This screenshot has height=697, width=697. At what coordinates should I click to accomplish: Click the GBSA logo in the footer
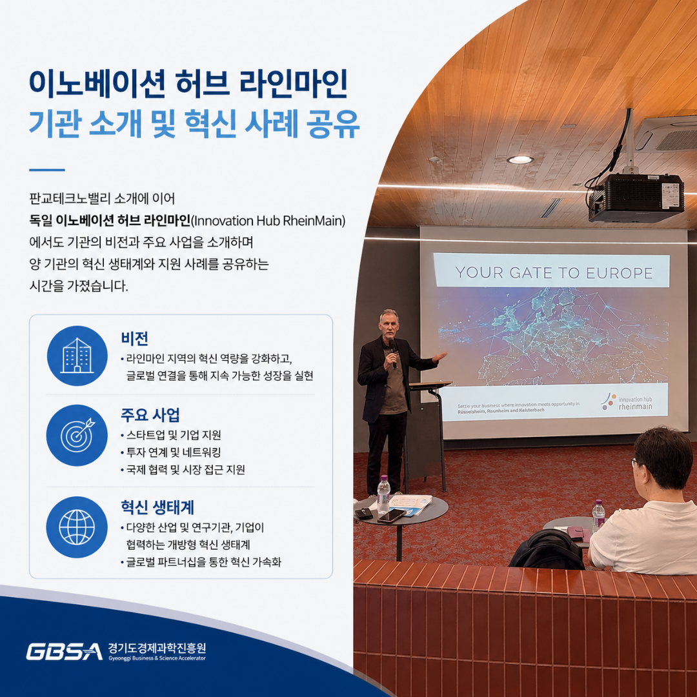(x=64, y=652)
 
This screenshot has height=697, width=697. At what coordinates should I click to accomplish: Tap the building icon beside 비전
(x=77, y=356)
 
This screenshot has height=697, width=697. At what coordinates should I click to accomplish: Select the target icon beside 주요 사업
(x=77, y=435)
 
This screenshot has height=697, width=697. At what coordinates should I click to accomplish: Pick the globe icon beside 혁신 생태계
(x=77, y=527)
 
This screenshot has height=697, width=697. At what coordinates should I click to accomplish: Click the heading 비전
(x=135, y=338)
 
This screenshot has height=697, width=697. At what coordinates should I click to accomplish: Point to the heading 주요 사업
(x=150, y=415)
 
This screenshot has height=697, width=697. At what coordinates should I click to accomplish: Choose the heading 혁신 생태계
(x=157, y=507)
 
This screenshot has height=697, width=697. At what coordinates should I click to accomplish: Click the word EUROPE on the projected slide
(x=619, y=272)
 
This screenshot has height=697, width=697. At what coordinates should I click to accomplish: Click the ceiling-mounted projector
(x=636, y=197)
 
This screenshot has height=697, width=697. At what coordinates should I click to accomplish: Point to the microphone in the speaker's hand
(x=392, y=354)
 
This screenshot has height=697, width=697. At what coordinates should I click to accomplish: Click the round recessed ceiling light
(x=520, y=159)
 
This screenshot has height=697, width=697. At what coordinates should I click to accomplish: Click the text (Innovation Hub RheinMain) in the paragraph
(x=268, y=221)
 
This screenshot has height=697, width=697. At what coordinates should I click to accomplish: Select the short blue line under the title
(x=47, y=170)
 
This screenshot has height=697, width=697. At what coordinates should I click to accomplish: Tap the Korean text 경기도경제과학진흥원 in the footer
(x=157, y=648)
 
